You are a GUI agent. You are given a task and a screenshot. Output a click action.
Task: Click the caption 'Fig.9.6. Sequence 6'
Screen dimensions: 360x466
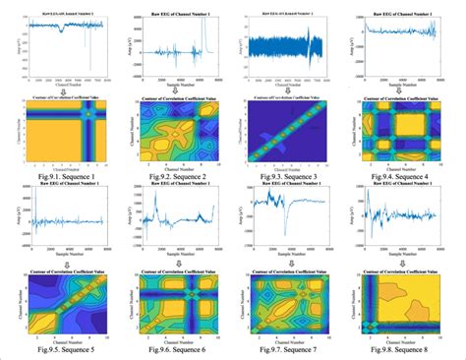click(x=177, y=350)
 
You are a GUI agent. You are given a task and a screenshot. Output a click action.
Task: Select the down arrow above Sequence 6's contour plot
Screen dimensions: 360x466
click(x=177, y=258)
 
